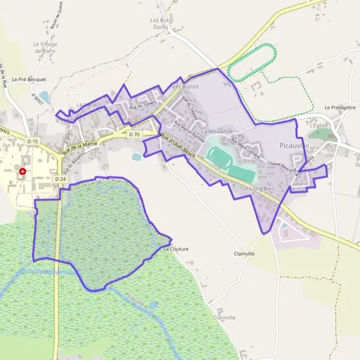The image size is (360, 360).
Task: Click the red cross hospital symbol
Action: pyautogui.click(x=22, y=171)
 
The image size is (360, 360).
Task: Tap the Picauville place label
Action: pyautogui.click(x=295, y=146)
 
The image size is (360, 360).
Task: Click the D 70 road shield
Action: pyautogui.click(x=134, y=135)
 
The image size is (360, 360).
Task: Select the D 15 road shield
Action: pyautogui.click(x=32, y=142)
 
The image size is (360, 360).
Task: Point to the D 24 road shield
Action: pyautogui.click(x=60, y=179)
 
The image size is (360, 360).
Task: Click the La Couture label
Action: pyautogui.click(x=176, y=248)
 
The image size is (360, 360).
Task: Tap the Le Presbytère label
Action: pyautogui.click(x=340, y=107)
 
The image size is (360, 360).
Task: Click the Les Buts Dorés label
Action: pyautogui.click(x=160, y=23)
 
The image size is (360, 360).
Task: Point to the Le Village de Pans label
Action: pyautogui.click(x=45, y=47)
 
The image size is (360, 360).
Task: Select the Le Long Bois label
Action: pyautogui.click(x=258, y=189)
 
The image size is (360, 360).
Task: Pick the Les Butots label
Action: pyautogui.click(x=185, y=87)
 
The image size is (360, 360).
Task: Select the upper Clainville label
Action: pyautogui.click(x=244, y=254)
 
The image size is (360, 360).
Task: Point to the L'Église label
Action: pyautogui.click(x=320, y=125)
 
